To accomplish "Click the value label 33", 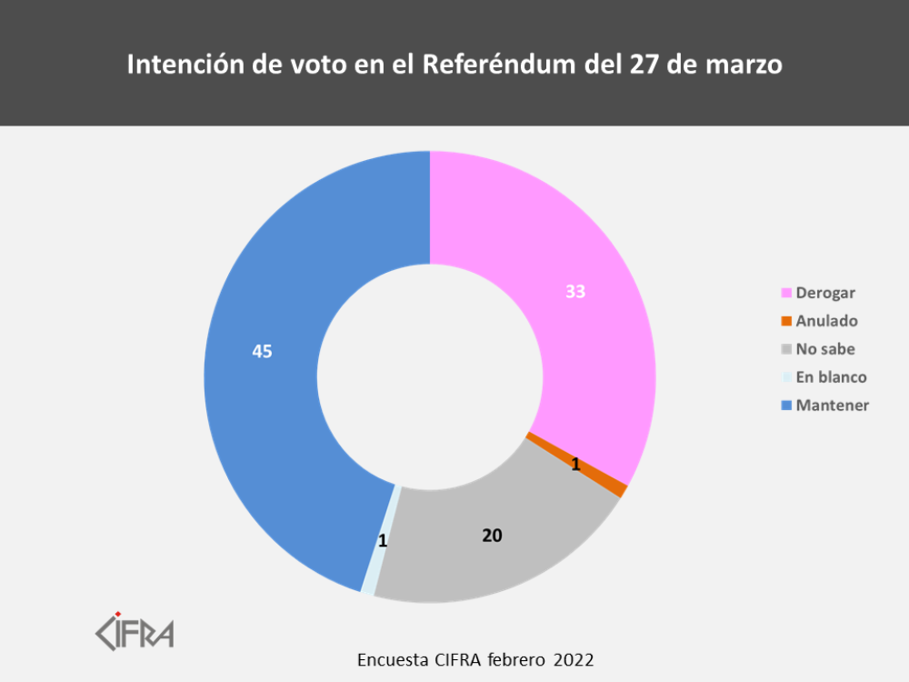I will click(x=574, y=292).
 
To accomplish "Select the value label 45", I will click(x=262, y=351).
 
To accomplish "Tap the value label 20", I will click(x=492, y=536).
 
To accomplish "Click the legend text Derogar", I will click(x=825, y=293).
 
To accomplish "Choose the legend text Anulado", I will click(x=826, y=321).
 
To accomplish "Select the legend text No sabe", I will click(x=825, y=349).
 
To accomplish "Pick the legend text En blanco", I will click(x=831, y=377).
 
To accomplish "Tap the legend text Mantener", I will click(x=832, y=406).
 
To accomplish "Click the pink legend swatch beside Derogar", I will click(x=787, y=293).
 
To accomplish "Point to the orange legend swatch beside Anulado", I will click(x=787, y=321).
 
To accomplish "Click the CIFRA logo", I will click(x=135, y=630).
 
